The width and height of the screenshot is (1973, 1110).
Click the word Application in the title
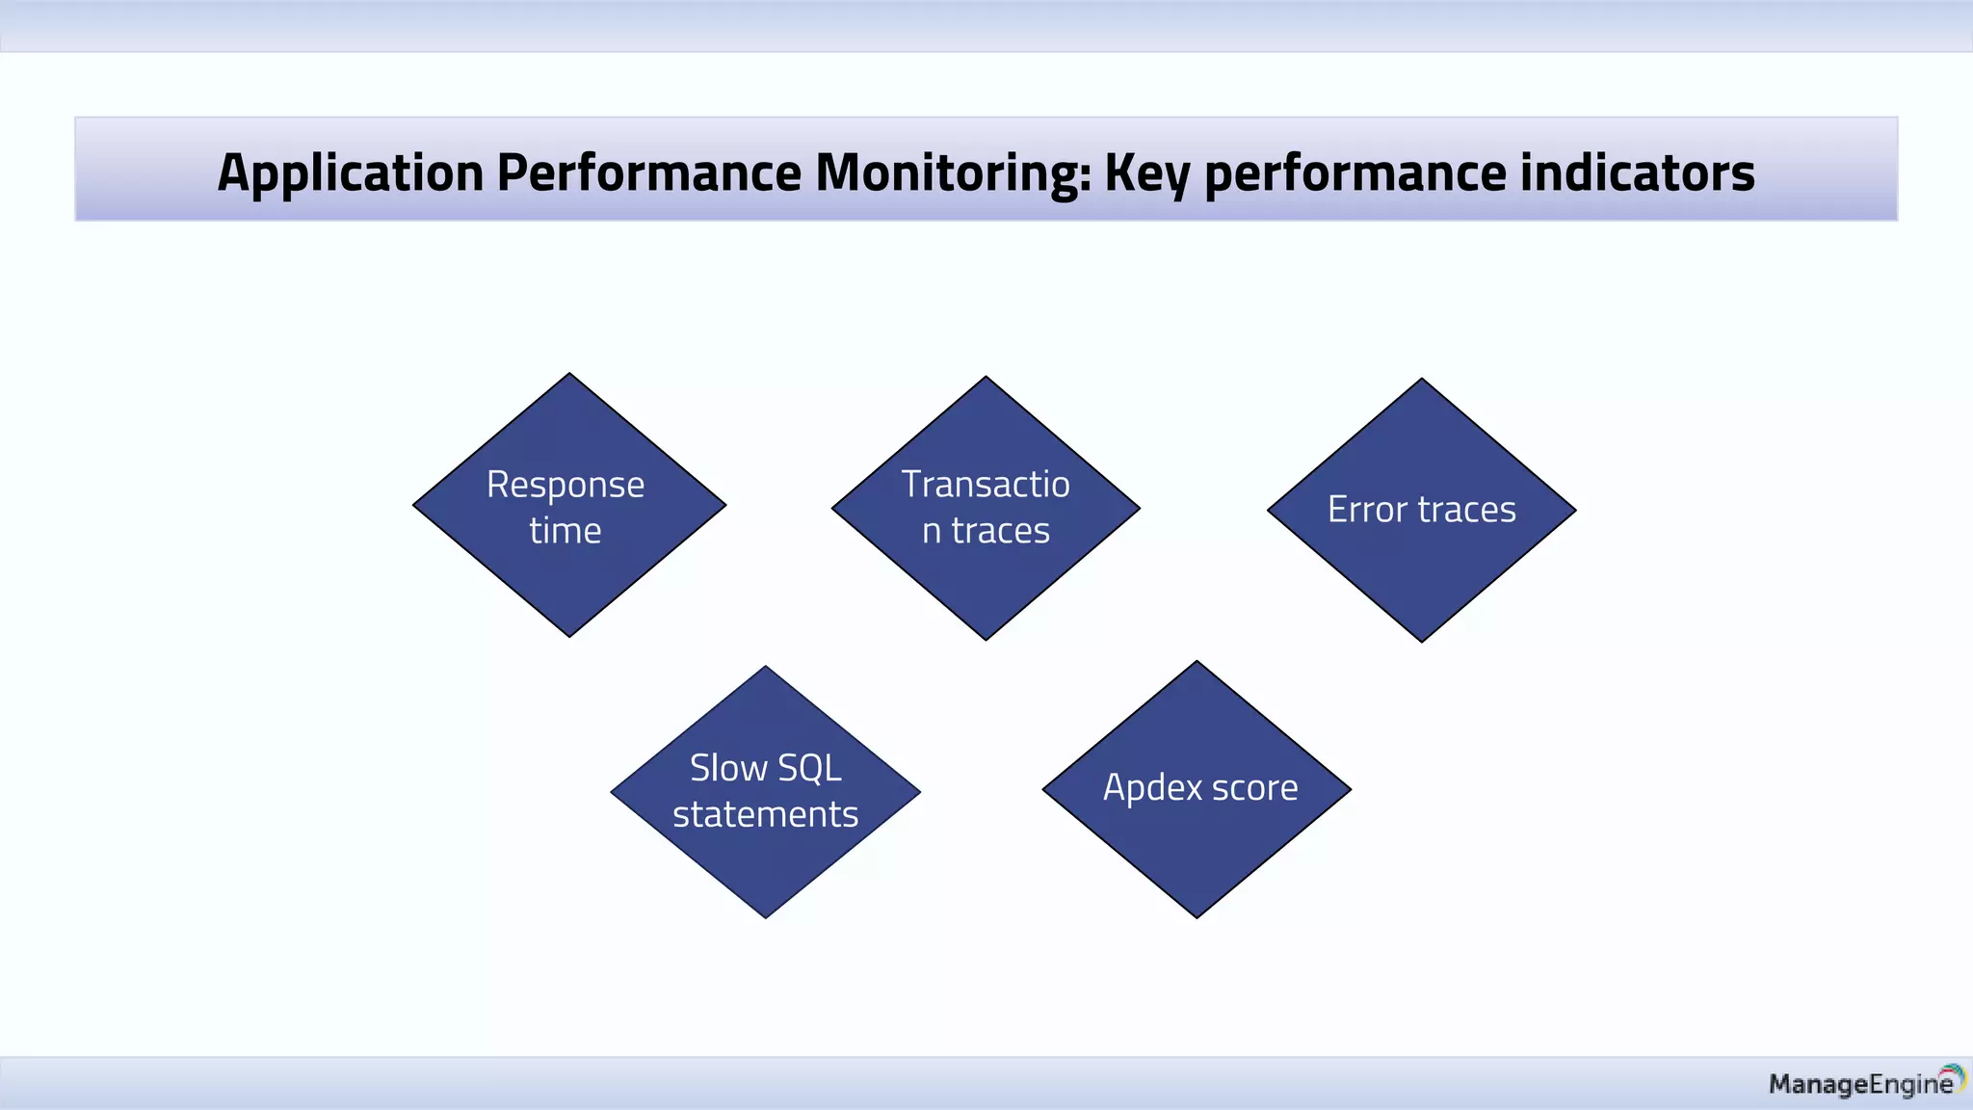pyautogui.click(x=350, y=173)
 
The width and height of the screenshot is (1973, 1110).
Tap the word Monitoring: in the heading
pyautogui.click(x=953, y=173)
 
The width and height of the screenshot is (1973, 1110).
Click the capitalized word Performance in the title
pyautogui.click(x=648, y=173)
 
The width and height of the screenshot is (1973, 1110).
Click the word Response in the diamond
pyautogui.click(x=566, y=485)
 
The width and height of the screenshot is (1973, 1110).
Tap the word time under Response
pyautogui.click(x=566, y=531)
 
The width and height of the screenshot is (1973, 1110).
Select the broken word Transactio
pyautogui.click(x=986, y=485)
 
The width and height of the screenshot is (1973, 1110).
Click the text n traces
pyautogui.click(x=986, y=531)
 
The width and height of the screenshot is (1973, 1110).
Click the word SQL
pyautogui.click(x=809, y=769)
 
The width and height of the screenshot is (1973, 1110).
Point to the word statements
pyautogui.click(x=765, y=815)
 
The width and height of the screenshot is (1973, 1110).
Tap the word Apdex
pyautogui.click(x=1152, y=788)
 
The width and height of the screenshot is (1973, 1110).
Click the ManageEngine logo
pyautogui.click(x=1865, y=1083)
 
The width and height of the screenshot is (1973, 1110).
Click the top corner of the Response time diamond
pyautogui.click(x=569, y=376)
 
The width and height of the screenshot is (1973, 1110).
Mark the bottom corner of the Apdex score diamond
pyautogui.click(x=1197, y=915)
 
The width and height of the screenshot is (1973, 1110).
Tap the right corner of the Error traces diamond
pyautogui.click(x=1573, y=511)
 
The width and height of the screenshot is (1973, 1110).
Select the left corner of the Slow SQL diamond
pyautogui.click(x=614, y=792)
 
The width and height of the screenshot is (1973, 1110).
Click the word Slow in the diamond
pyautogui.click(x=728, y=769)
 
